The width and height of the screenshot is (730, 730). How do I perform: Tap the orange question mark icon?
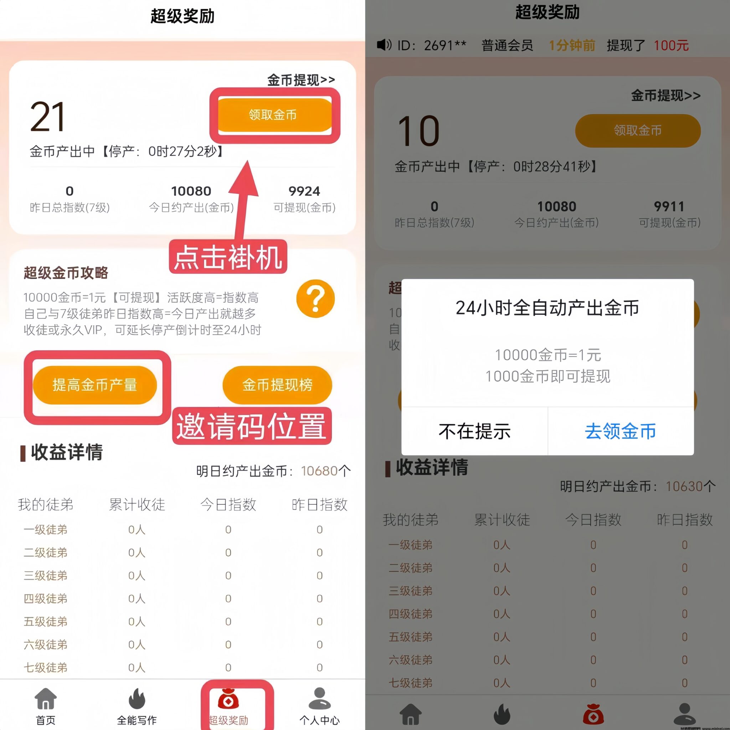pyautogui.click(x=315, y=298)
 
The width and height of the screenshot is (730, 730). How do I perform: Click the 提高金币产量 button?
pyautogui.click(x=94, y=385)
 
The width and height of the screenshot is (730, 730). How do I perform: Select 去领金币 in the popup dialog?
pyautogui.click(x=621, y=431)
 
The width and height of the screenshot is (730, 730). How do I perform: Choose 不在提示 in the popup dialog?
pyautogui.click(x=474, y=431)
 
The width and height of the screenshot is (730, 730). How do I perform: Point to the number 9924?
pyautogui.click(x=304, y=191)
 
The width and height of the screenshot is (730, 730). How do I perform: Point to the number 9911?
pyautogui.click(x=669, y=207)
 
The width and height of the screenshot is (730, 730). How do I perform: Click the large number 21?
pyautogui.click(x=48, y=118)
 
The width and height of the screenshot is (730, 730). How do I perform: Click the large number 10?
pyautogui.click(x=419, y=132)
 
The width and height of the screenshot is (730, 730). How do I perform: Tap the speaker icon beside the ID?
pyautogui.click(x=384, y=45)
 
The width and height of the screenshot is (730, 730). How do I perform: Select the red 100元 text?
pyautogui.click(x=671, y=46)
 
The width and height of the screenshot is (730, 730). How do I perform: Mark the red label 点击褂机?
pyautogui.click(x=228, y=257)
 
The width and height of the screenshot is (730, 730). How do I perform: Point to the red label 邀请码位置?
pyautogui.click(x=252, y=426)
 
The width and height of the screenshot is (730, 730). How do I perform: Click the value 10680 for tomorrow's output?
pyautogui.click(x=319, y=471)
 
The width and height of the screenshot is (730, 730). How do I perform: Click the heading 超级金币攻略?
pyautogui.click(x=66, y=272)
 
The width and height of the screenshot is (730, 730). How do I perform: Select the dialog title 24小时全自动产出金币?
pyautogui.click(x=547, y=308)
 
